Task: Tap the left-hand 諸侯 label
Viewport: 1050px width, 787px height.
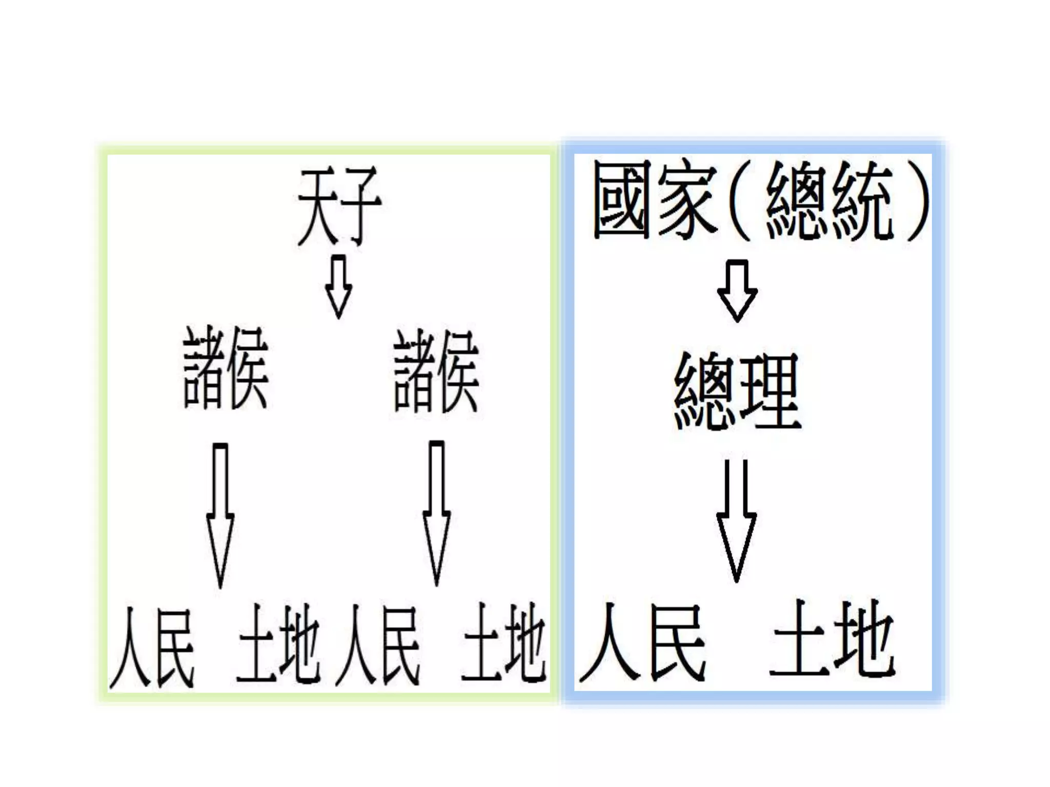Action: [x=226, y=367]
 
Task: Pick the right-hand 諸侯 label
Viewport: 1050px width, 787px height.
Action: [x=436, y=370]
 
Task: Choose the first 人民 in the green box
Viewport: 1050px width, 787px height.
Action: [x=152, y=647]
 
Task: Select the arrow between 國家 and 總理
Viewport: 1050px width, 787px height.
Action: [x=737, y=289]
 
